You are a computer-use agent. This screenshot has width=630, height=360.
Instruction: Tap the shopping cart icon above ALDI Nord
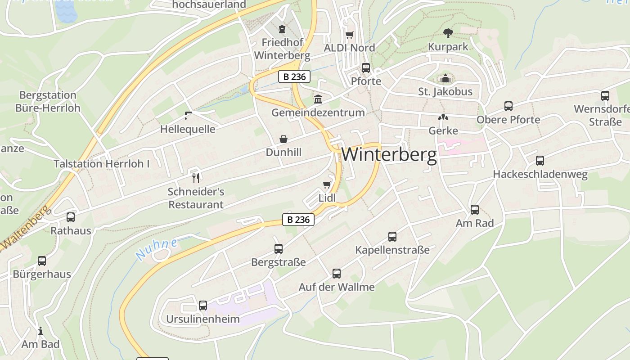[350, 35]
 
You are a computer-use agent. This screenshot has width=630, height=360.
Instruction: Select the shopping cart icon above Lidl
[327, 184]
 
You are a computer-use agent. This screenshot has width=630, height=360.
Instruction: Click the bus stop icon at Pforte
[366, 68]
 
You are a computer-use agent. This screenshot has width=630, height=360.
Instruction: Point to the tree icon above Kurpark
[448, 33]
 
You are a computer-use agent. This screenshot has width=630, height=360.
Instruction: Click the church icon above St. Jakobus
[445, 79]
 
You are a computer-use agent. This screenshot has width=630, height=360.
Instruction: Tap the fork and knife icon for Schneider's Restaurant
[196, 178]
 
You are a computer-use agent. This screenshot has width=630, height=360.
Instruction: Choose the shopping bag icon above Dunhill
[283, 139]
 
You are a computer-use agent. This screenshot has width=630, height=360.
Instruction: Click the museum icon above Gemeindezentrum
[318, 99]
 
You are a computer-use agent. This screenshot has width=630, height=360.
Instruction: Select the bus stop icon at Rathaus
[71, 217]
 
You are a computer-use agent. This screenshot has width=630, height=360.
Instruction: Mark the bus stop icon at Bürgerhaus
[42, 261]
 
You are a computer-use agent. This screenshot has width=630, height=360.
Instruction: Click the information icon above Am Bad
[40, 331]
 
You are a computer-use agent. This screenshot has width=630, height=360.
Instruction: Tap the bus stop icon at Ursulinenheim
[203, 306]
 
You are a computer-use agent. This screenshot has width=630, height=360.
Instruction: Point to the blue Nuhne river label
[156, 249]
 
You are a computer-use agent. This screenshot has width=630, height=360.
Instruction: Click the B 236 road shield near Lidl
[298, 220]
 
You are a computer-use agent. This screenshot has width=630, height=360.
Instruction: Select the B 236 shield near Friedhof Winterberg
[294, 77]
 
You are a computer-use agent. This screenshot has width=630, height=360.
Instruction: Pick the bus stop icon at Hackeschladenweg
[540, 161]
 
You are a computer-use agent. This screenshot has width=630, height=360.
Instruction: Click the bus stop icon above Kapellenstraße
[392, 236]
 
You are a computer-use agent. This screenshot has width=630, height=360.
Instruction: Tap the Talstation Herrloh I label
[102, 164]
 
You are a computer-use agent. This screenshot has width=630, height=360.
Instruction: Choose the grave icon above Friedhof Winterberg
[282, 30]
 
